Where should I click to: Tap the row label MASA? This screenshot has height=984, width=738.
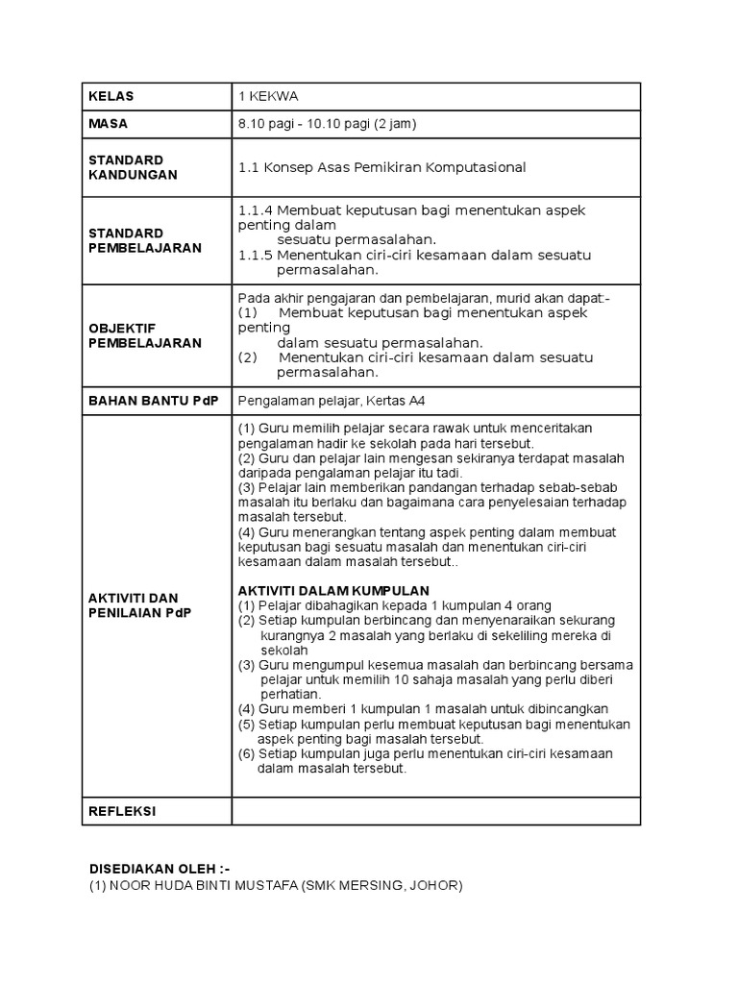click(x=109, y=124)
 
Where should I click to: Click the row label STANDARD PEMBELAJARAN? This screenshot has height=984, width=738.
click(x=145, y=240)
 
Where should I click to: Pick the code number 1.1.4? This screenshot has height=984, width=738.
click(x=255, y=209)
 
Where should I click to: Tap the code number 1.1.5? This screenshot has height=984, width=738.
click(x=255, y=255)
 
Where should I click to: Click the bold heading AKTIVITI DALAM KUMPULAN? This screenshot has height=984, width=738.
click(x=333, y=589)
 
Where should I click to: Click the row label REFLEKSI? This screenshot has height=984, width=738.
click(x=122, y=811)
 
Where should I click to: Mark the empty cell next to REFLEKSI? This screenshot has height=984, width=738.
click(x=435, y=811)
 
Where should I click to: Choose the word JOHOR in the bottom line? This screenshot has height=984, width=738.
click(x=436, y=885)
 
